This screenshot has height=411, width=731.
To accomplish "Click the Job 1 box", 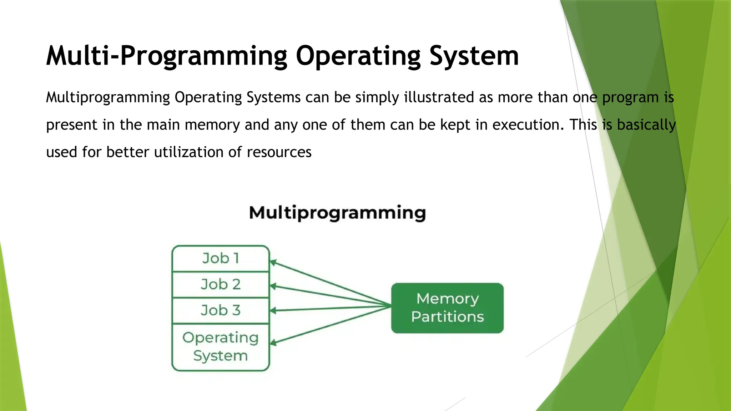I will (220, 258).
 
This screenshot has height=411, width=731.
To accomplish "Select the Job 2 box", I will (220, 284).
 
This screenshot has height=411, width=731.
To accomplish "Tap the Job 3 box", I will (220, 310).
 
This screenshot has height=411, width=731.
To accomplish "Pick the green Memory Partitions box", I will (447, 308).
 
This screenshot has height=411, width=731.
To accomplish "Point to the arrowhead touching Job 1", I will (273, 263).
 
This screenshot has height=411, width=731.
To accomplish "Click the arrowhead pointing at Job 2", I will (273, 286).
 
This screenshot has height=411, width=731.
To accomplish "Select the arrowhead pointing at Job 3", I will (273, 310).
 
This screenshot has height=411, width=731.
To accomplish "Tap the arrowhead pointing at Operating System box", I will (273, 343).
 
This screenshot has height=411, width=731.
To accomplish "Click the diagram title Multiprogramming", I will (337, 213).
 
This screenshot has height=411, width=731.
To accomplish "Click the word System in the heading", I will (474, 56).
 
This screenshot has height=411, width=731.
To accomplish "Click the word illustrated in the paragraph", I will (439, 97).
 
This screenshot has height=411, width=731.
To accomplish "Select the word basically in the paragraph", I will (646, 125).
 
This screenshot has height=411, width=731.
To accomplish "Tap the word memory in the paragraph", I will (212, 125).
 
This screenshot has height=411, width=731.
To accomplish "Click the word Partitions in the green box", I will (447, 317).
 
